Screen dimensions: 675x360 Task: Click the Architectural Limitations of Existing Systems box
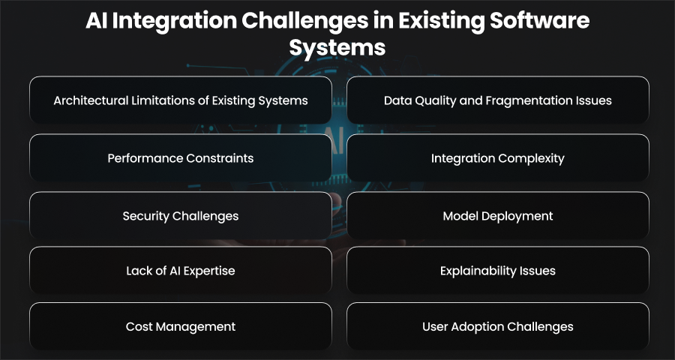(x=181, y=100)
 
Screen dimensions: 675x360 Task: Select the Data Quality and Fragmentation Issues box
(x=498, y=100)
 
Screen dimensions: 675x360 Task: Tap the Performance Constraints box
(x=181, y=157)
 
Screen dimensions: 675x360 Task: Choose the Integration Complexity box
(x=498, y=157)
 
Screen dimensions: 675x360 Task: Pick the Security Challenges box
(x=181, y=215)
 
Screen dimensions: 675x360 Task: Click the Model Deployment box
(x=498, y=215)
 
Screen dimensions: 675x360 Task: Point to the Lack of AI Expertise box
(x=181, y=271)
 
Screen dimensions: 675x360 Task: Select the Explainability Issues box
(x=498, y=271)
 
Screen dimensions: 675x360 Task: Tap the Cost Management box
(x=181, y=326)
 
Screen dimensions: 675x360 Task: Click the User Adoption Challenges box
(x=498, y=326)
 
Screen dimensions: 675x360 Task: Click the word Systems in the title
(x=337, y=48)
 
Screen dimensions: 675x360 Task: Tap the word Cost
(x=139, y=326)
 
